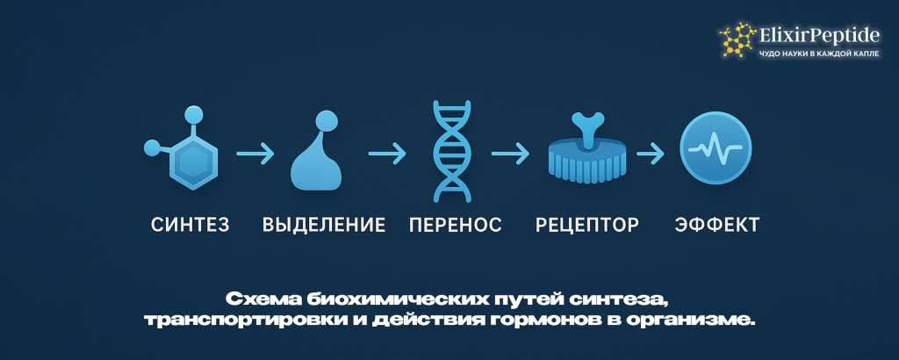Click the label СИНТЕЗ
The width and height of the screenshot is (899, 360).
(x=191, y=225)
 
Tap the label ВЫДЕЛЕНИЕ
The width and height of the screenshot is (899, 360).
(x=324, y=225)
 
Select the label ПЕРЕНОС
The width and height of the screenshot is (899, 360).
(x=456, y=225)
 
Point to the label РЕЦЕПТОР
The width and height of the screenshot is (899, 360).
(x=587, y=225)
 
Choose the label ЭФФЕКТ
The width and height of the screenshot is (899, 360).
(x=717, y=225)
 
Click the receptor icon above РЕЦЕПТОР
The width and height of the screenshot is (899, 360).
(x=586, y=151)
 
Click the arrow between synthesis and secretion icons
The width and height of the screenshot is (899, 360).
(x=255, y=155)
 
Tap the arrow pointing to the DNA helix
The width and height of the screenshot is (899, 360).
(x=387, y=155)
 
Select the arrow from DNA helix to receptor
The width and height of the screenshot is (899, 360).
(x=511, y=155)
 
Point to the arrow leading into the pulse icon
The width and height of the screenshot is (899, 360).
(x=650, y=155)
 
